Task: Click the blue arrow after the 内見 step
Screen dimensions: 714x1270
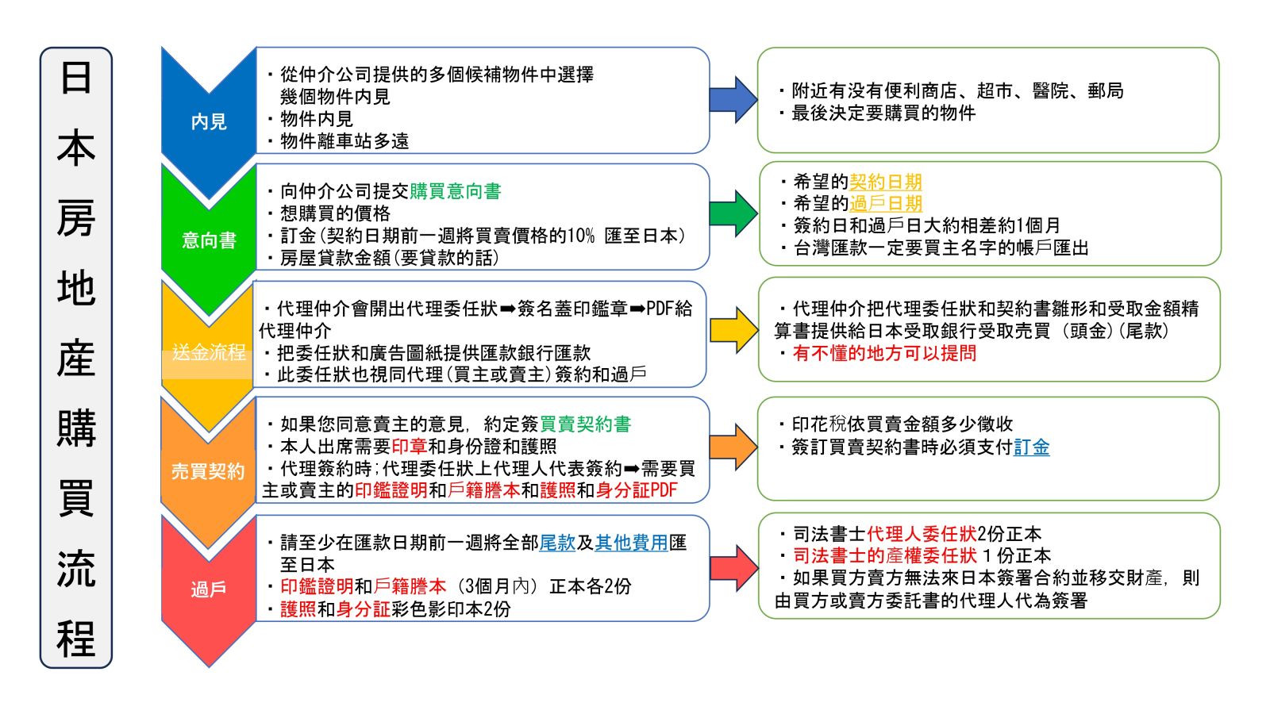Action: [733, 100]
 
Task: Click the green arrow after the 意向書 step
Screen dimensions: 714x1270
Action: [733, 213]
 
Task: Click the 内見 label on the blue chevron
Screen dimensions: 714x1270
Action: [209, 121]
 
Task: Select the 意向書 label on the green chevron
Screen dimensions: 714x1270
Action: [209, 240]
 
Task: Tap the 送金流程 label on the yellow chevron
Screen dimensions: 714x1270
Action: [209, 352]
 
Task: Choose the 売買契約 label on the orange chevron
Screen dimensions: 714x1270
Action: [208, 471]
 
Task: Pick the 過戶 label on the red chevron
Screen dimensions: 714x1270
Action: [209, 589]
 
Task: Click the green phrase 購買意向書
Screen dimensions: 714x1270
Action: [455, 191]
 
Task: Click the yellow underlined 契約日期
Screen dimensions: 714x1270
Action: [885, 182]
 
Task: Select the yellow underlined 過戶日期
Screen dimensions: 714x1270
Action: [885, 204]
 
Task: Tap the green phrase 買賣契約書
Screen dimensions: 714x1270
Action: [585, 424]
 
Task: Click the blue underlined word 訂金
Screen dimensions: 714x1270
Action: [1031, 447]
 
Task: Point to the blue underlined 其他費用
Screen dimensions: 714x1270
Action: [631, 543]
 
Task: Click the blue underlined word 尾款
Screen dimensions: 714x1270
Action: [557, 543]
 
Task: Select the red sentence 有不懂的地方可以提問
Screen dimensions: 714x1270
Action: [884, 353]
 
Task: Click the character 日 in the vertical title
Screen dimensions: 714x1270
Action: [76, 79]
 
